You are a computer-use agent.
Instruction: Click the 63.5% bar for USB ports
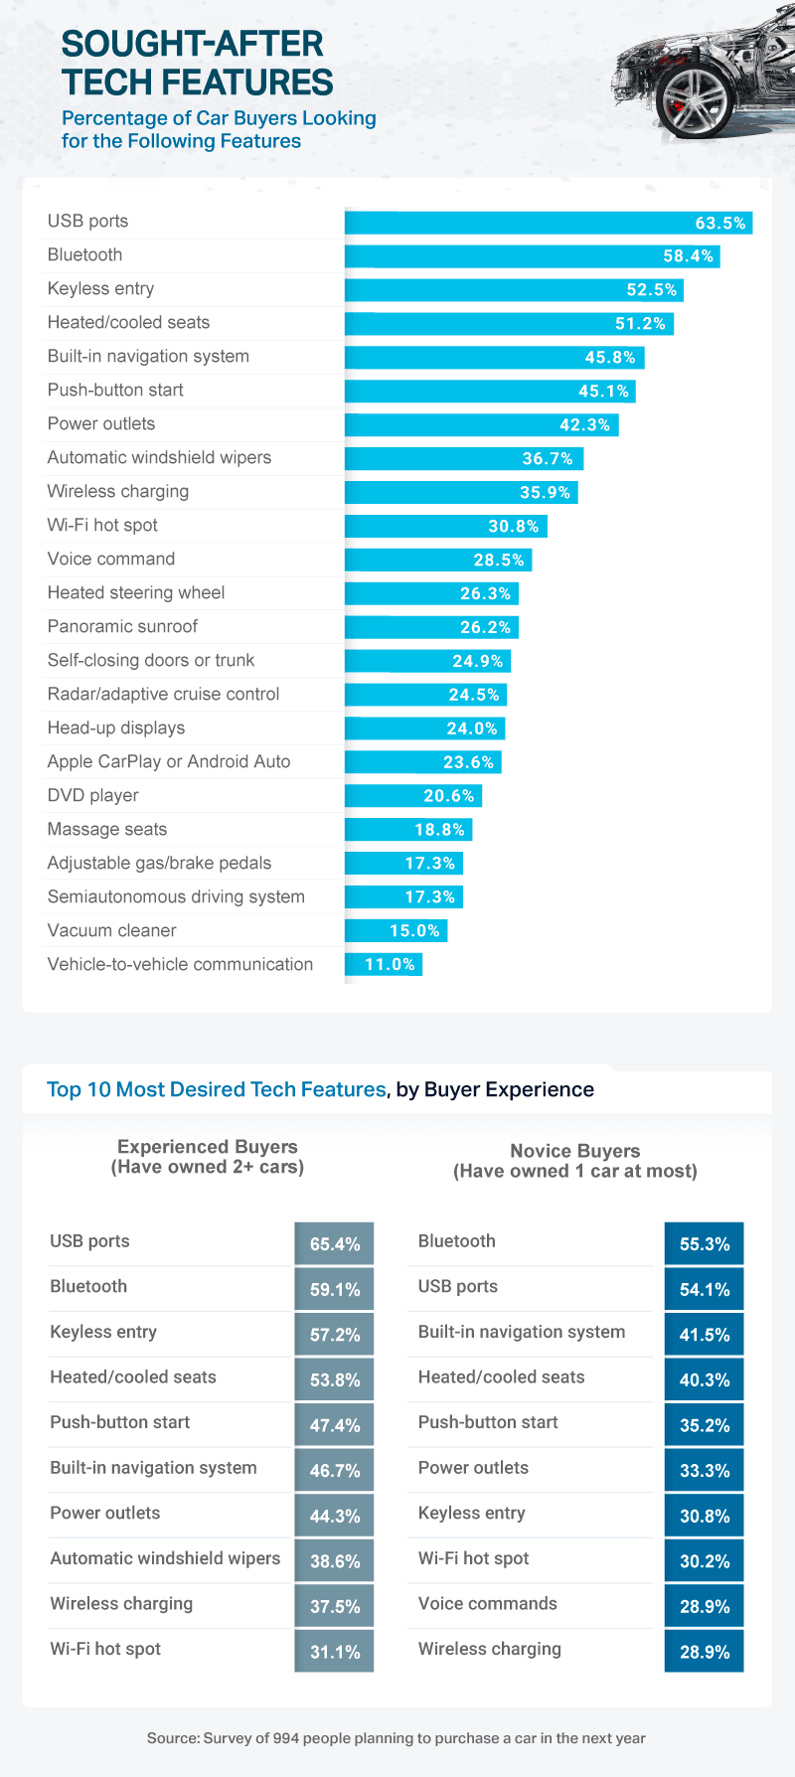[x=548, y=223]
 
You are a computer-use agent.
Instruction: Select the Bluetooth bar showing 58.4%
[x=532, y=256]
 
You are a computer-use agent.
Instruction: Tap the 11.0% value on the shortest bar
[x=390, y=964]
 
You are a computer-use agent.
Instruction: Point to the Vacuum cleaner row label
[x=112, y=930]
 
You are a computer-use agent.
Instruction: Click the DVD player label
[x=93, y=795]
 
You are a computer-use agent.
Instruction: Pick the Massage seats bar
[x=408, y=830]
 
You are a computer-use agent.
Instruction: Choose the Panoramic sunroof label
[x=123, y=626]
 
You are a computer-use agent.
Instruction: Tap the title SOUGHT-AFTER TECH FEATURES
[x=197, y=63]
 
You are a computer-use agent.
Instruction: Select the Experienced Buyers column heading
[x=208, y=1157]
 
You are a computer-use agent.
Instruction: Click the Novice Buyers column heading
[x=575, y=1161]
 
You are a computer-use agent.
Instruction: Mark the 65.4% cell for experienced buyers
[x=335, y=1244]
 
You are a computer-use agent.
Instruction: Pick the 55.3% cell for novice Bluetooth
[x=705, y=1244]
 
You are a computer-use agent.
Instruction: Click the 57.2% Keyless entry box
[x=335, y=1335]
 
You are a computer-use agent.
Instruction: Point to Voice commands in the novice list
[x=488, y=1603]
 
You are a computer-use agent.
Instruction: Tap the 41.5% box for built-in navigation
[x=705, y=1335]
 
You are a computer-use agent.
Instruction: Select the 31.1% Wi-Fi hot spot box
[x=335, y=1652]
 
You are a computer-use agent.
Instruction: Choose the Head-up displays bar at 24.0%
[x=424, y=728]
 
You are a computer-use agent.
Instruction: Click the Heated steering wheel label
[x=136, y=592]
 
